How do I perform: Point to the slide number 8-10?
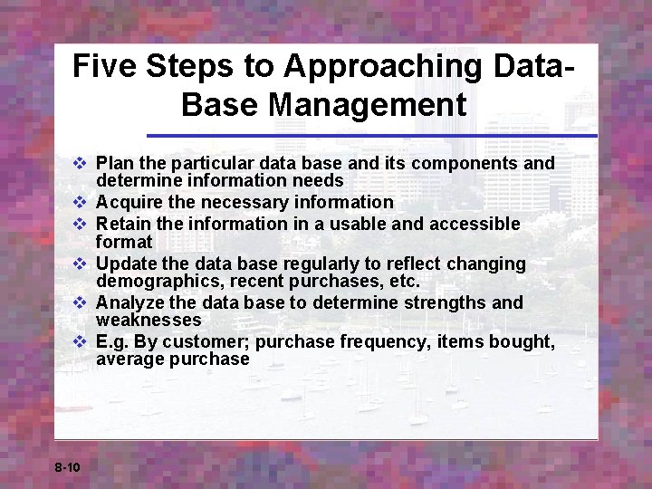[x=68, y=467]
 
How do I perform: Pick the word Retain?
[x=124, y=223]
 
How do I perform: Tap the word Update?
[x=127, y=264]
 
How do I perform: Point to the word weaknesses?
[x=149, y=321]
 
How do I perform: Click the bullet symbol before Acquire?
[x=79, y=203]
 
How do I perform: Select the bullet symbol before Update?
[x=79, y=264]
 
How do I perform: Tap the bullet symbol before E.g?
[x=79, y=341]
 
